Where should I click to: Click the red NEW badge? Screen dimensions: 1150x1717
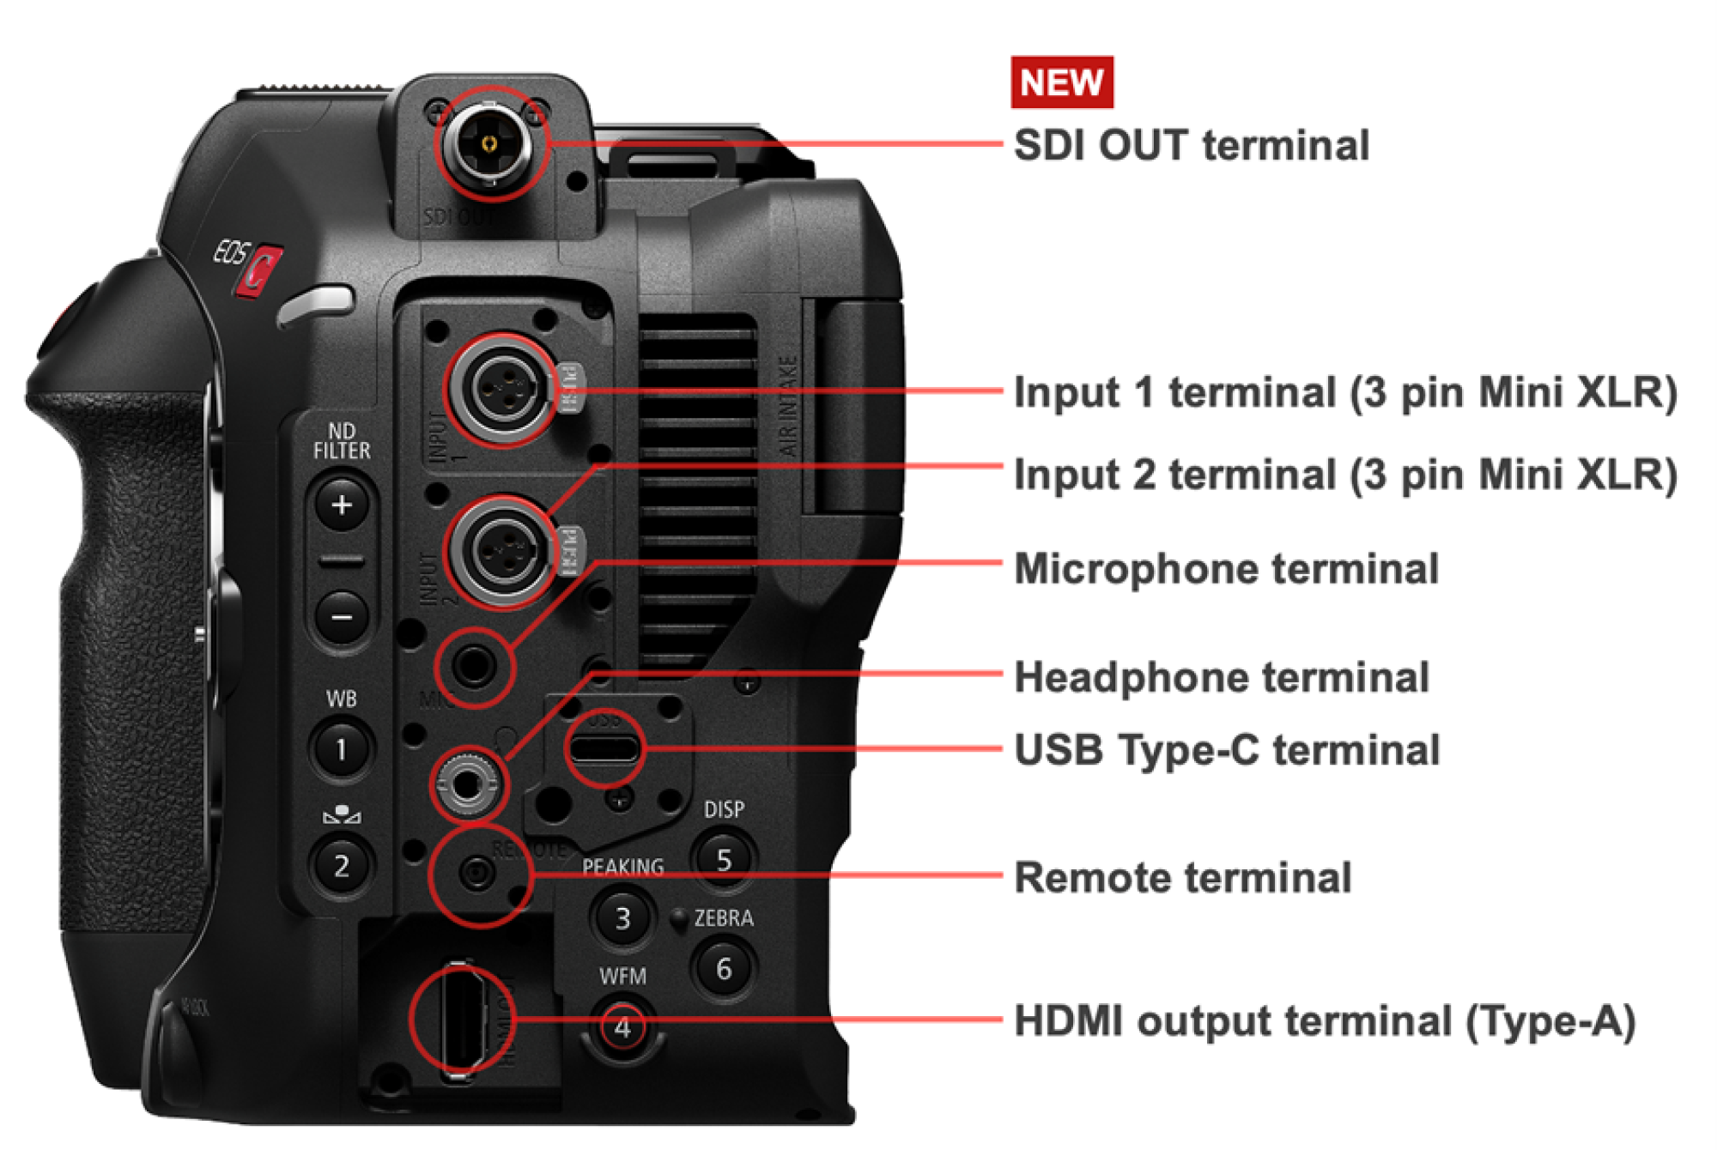[x=1061, y=82]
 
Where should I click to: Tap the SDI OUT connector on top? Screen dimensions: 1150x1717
[x=489, y=143]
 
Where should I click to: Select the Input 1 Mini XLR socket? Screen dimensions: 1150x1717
[x=502, y=390]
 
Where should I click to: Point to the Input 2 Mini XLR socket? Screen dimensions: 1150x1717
[x=502, y=551]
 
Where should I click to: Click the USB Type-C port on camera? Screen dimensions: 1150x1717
[x=604, y=748]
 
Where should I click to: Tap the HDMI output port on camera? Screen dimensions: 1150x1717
[x=462, y=1020]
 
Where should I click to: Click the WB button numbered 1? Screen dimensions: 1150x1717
[x=341, y=749]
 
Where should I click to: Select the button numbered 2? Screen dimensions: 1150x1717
[x=341, y=865]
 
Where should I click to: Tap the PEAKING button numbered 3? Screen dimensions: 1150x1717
[x=622, y=918]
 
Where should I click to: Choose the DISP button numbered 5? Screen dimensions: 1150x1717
[x=724, y=859]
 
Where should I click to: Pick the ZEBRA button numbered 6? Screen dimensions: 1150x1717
[x=724, y=969]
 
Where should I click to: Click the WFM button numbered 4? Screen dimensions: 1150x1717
[x=622, y=1027]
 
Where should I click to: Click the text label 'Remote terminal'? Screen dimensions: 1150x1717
[x=1182, y=878]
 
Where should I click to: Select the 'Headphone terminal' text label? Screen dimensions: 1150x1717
[x=1221, y=677]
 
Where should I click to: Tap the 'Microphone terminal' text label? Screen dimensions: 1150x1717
[x=1226, y=569]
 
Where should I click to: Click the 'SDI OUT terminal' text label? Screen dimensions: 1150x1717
[x=1191, y=145]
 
